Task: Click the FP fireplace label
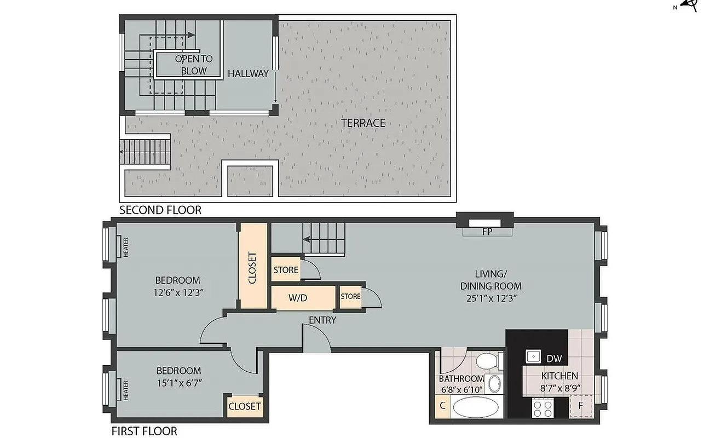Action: (487, 232)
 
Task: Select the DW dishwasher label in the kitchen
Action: (554, 359)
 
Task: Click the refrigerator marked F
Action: (581, 406)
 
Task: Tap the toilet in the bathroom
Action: (487, 361)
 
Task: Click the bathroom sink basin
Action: (494, 384)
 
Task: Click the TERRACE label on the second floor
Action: (363, 123)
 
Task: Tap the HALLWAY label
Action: (249, 73)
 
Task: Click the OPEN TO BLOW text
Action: (194, 65)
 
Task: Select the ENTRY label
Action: (322, 320)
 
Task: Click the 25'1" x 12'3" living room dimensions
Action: (490, 298)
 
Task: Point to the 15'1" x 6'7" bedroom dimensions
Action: (178, 383)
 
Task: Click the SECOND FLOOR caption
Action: (160, 210)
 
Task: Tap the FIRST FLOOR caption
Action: (145, 431)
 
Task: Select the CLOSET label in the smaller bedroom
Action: (245, 406)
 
